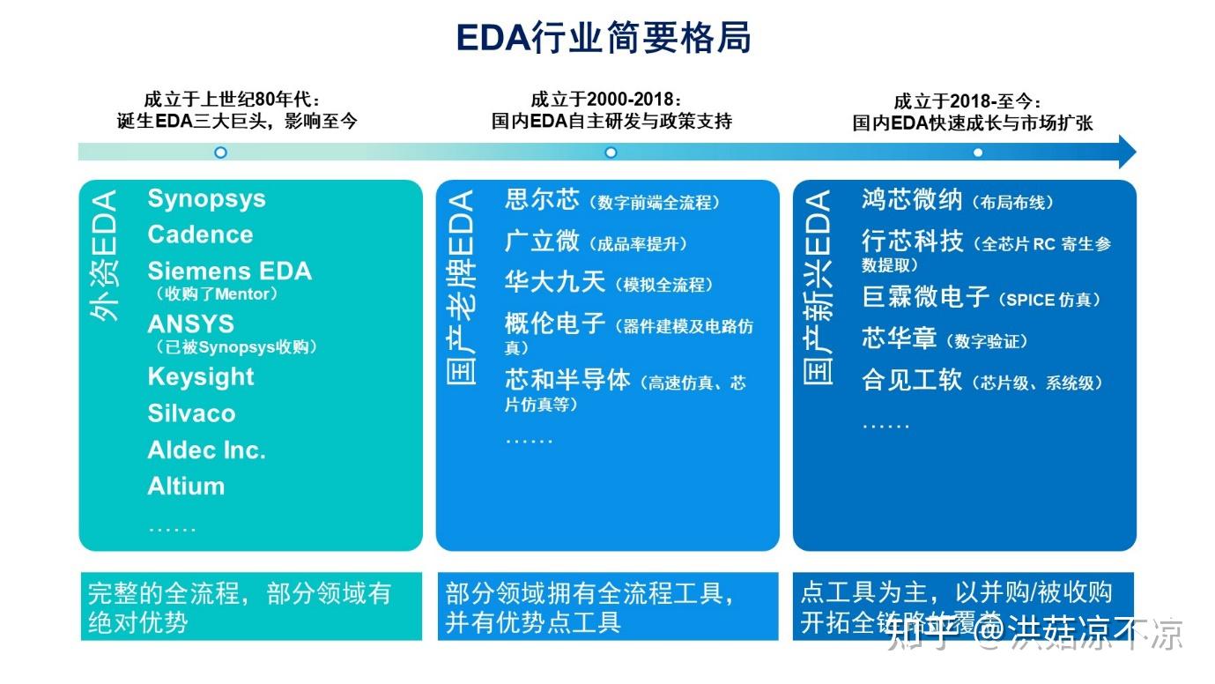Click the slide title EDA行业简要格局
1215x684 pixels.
604,39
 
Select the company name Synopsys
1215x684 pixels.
206,198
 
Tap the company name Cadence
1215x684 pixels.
200,234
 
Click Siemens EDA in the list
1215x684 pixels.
229,271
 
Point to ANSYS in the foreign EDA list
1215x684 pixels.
190,324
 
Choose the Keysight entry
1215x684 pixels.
201,376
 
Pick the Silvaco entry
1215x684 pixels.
191,413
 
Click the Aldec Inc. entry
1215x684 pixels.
206,450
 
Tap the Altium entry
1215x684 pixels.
186,486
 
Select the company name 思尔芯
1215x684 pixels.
542,199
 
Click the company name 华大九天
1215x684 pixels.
555,282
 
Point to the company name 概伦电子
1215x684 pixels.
555,323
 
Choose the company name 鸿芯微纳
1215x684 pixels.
912,199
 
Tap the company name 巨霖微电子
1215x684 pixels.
925,297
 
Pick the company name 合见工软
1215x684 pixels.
912,380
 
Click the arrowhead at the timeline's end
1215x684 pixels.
1126,152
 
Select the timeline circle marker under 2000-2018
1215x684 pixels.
611,152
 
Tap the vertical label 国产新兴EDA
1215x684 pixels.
819,287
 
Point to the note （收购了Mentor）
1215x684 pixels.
216,294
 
